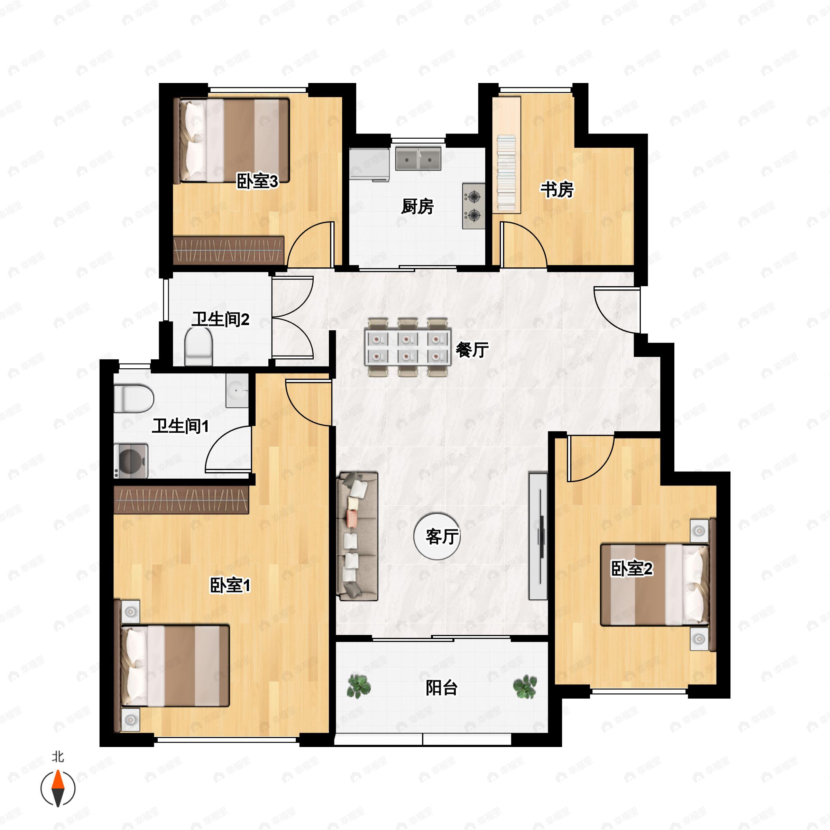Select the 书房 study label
[557, 190]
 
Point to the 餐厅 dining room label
[472, 350]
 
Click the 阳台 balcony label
[442, 688]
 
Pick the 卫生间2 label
[220, 319]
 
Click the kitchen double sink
[418, 158]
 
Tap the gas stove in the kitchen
[473, 206]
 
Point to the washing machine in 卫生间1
[131, 461]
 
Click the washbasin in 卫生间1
[237, 390]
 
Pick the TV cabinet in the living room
[538, 536]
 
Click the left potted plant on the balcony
[358, 686]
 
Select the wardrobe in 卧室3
[229, 250]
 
